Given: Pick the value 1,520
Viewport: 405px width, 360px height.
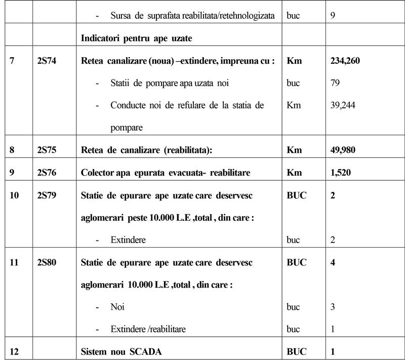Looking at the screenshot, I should (x=341, y=172).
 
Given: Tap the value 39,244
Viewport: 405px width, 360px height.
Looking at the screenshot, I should (x=341, y=105).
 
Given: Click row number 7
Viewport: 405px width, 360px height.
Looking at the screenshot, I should (x=12, y=61).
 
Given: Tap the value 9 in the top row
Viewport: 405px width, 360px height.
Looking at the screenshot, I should (x=332, y=15).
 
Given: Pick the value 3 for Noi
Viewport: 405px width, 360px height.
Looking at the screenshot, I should (x=332, y=307).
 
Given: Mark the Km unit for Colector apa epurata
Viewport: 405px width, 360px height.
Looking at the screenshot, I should (x=294, y=172).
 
